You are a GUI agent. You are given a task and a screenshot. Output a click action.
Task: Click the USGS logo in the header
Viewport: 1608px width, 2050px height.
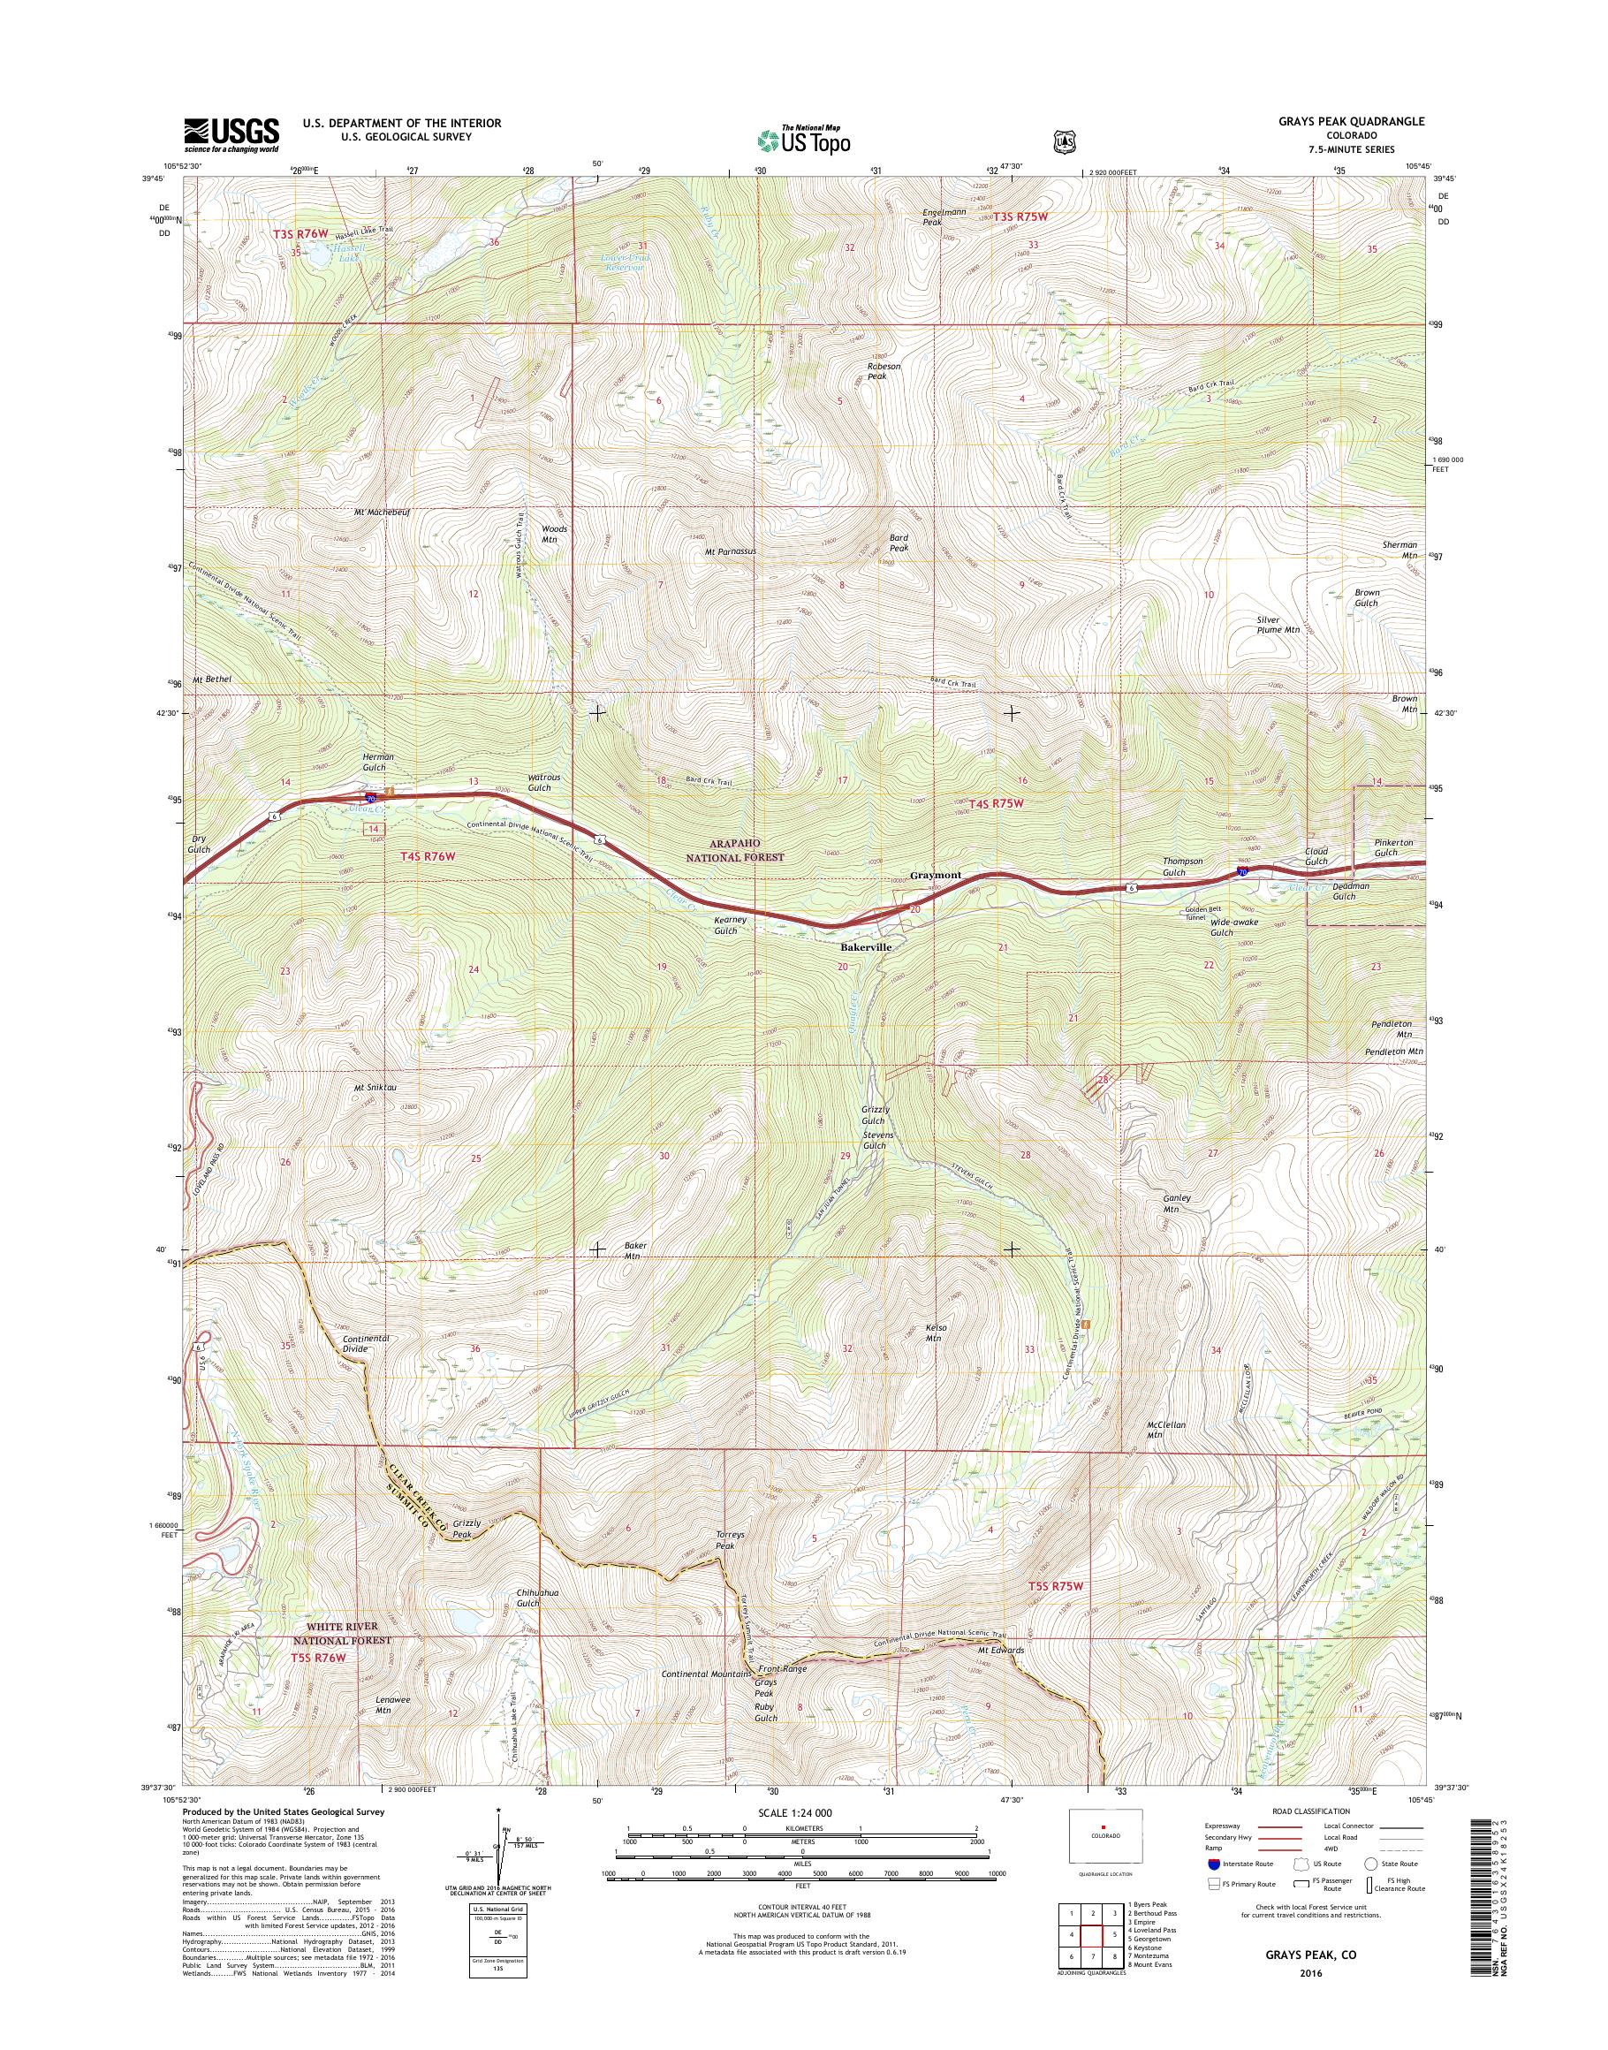(231, 133)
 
